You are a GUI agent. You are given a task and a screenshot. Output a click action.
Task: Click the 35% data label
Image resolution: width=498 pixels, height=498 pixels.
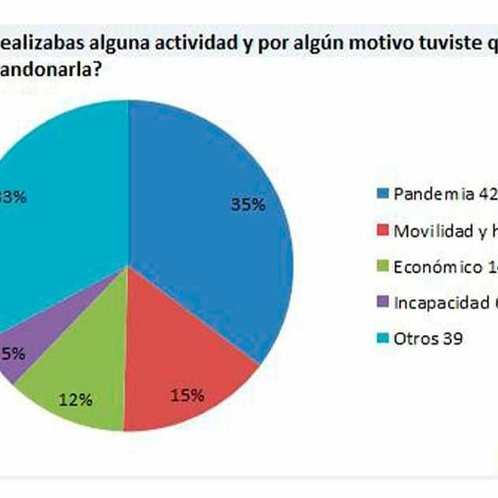[247, 204]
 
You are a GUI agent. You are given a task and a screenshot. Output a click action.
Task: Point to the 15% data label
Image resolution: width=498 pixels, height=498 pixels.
[188, 394]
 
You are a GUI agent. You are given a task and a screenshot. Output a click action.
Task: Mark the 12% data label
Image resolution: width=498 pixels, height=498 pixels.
[76, 400]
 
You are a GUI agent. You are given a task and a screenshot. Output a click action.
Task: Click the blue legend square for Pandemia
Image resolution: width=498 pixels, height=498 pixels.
[383, 194]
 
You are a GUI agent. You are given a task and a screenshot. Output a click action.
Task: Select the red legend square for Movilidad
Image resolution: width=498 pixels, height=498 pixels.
[383, 231]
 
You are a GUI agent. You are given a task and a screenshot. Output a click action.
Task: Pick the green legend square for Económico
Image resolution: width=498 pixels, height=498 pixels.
[383, 267]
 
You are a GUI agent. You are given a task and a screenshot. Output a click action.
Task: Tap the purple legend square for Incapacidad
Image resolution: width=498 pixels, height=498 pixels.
[383, 304]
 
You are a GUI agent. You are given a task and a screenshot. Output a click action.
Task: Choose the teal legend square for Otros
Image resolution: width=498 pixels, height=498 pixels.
[383, 340]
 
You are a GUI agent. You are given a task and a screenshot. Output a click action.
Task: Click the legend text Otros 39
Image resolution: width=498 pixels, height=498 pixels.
[427, 340]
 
